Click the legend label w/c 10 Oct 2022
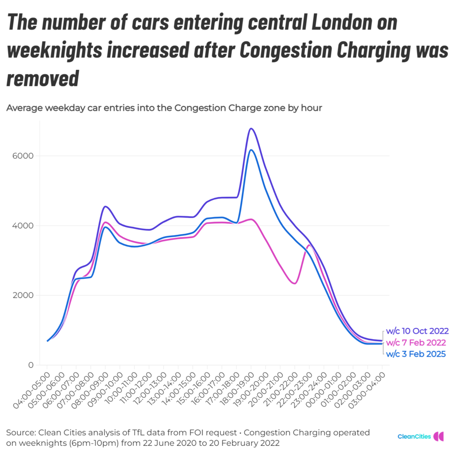point(417,331)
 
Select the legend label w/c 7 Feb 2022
point(416,342)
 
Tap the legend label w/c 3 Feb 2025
point(416,354)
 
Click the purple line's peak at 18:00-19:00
point(251,129)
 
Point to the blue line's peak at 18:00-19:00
point(251,150)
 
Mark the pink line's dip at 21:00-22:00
point(295,283)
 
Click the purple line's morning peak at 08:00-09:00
point(105,207)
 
